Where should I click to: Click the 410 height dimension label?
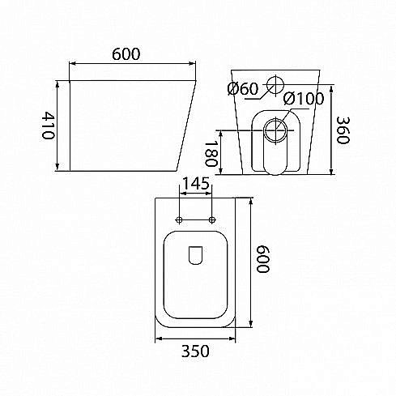point(49,125)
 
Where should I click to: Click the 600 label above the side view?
point(126,54)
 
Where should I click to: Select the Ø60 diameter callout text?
point(243,89)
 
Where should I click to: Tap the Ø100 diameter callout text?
point(304,98)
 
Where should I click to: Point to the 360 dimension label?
point(343,130)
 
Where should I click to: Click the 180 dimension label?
point(211,154)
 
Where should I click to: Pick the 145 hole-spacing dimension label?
point(196,183)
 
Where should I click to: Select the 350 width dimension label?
point(195,351)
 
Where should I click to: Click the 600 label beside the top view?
point(262,259)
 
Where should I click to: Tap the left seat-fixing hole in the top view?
point(179,219)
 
